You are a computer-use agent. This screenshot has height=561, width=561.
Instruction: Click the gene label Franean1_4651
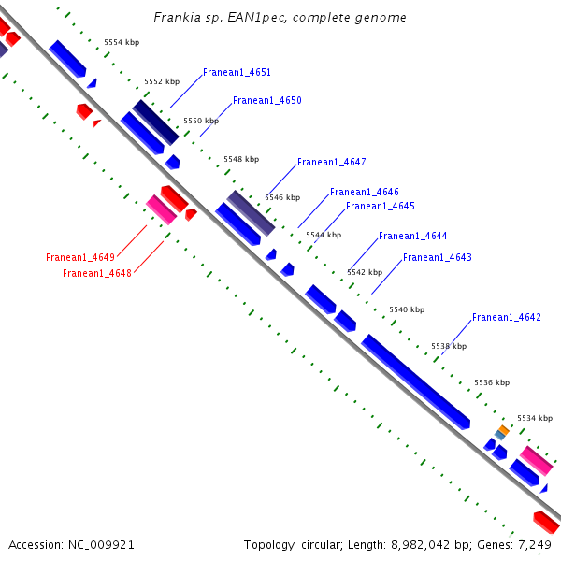point(237,72)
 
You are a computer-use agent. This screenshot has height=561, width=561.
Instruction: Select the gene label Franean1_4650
point(267,100)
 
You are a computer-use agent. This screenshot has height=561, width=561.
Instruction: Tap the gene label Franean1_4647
point(331,162)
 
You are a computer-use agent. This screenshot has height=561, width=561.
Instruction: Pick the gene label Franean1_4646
point(364,192)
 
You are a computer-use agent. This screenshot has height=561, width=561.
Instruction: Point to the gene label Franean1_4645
point(380,206)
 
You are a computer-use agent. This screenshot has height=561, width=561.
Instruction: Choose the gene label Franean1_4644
point(412,236)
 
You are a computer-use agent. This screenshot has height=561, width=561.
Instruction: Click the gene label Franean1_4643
point(437,257)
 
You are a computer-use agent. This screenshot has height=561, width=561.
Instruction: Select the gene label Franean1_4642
point(506,317)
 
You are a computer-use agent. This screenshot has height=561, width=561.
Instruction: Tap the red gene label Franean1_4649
point(80,257)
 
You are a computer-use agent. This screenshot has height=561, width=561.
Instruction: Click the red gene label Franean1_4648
point(97,273)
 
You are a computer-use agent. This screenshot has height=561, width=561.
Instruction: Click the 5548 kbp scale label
point(241,159)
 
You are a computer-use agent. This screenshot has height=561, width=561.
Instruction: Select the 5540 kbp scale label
point(407,309)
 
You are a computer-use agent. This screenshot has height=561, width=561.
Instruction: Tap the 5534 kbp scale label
point(535,418)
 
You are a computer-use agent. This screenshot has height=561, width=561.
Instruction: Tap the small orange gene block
point(503,430)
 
